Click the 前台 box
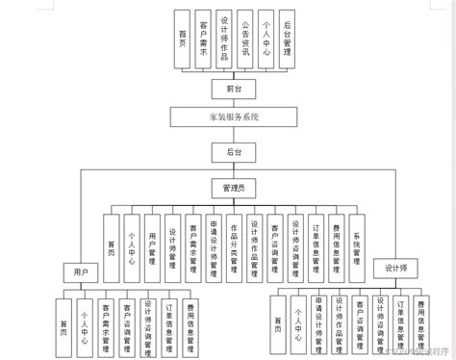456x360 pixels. (228, 88)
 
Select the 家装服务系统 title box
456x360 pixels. (228, 117)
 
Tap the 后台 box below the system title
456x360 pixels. (228, 151)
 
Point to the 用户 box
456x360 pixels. (82, 273)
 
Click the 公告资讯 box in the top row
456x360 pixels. (245, 39)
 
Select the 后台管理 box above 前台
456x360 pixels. (288, 39)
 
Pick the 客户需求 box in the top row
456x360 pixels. (203, 39)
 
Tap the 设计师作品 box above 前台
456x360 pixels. (224, 39)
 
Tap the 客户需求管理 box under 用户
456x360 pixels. (105, 323)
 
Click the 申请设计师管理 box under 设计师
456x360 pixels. (319, 323)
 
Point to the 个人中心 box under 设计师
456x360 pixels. (299, 323)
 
